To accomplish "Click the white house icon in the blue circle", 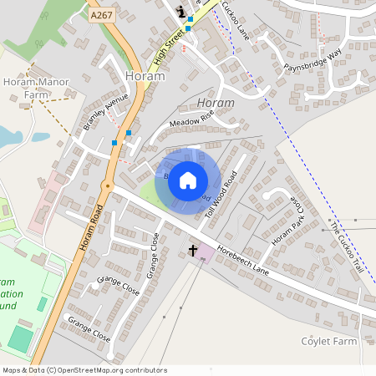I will pos(188,180).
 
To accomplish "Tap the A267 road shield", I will pos(101,14).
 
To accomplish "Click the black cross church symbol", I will pos(193,249).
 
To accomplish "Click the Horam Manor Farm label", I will pos(36,88).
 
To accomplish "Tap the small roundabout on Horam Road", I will pos(107,185).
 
